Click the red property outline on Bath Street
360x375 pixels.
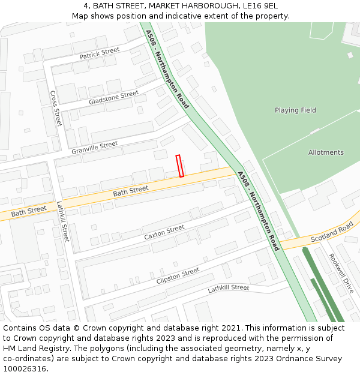[x=179, y=166]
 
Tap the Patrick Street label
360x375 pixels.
[x=100, y=53]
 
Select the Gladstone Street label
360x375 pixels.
[x=113, y=97]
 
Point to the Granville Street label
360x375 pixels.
[x=95, y=148]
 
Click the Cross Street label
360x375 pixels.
[x=55, y=109]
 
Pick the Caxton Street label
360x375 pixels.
[x=164, y=233]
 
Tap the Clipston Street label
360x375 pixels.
[x=178, y=276]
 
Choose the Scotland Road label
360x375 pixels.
[x=332, y=231]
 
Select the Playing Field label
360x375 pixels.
[x=295, y=110]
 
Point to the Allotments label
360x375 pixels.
[x=326, y=152]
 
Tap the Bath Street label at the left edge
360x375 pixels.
[x=28, y=211]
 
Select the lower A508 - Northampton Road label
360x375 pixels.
[x=259, y=211]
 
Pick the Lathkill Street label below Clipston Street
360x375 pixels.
[x=229, y=289]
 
